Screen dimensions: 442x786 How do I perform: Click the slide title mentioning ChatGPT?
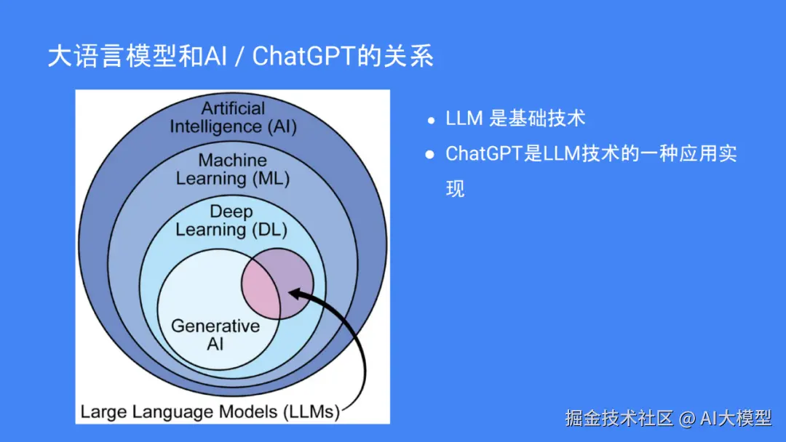pyautogui.click(x=240, y=57)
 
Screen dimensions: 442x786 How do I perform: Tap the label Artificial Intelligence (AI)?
pyautogui.click(x=233, y=117)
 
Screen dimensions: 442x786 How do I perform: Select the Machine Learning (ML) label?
pyautogui.click(x=233, y=169)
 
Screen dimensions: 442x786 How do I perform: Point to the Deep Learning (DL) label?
pyautogui.click(x=231, y=220)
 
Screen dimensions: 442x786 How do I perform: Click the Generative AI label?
pyautogui.click(x=215, y=334)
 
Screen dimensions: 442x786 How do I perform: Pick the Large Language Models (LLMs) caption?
pyautogui.click(x=210, y=411)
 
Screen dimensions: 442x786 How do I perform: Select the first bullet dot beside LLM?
pyautogui.click(x=431, y=120)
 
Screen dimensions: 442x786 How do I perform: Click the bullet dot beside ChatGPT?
pyautogui.click(x=431, y=154)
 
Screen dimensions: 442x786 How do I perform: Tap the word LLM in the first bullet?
pyautogui.click(x=463, y=119)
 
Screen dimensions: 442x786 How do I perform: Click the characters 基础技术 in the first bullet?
pyautogui.click(x=537, y=119)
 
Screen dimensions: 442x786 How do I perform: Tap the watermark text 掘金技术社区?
pyautogui.click(x=619, y=418)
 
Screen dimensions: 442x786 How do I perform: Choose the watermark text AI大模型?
pyautogui.click(x=735, y=418)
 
